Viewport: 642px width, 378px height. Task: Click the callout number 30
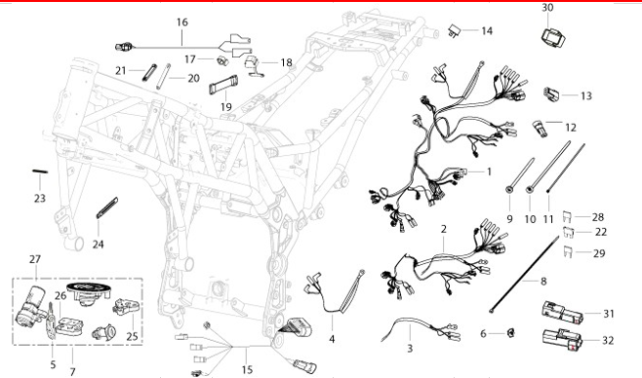tap(547, 8)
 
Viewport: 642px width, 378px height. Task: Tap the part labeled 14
tap(455, 30)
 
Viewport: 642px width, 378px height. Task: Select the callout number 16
tap(182, 22)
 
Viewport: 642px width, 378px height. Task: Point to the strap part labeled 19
tap(223, 85)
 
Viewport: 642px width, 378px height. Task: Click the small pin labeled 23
tap(40, 171)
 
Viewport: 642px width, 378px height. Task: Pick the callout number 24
tap(99, 245)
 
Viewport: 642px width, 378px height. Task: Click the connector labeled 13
tap(551, 94)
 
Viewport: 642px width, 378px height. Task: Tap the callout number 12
tap(571, 128)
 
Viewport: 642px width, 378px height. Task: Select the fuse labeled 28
tap(567, 215)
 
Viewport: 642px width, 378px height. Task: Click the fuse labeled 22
tap(569, 232)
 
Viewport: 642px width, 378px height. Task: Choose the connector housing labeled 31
tap(563, 314)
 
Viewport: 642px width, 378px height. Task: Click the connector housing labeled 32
tap(563, 340)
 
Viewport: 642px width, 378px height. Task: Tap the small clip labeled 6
tap(510, 333)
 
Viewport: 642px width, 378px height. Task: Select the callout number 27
tap(35, 259)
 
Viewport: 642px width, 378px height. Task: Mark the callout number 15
tap(247, 370)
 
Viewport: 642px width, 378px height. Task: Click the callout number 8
tap(543, 282)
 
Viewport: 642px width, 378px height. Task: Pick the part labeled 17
tap(221, 60)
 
